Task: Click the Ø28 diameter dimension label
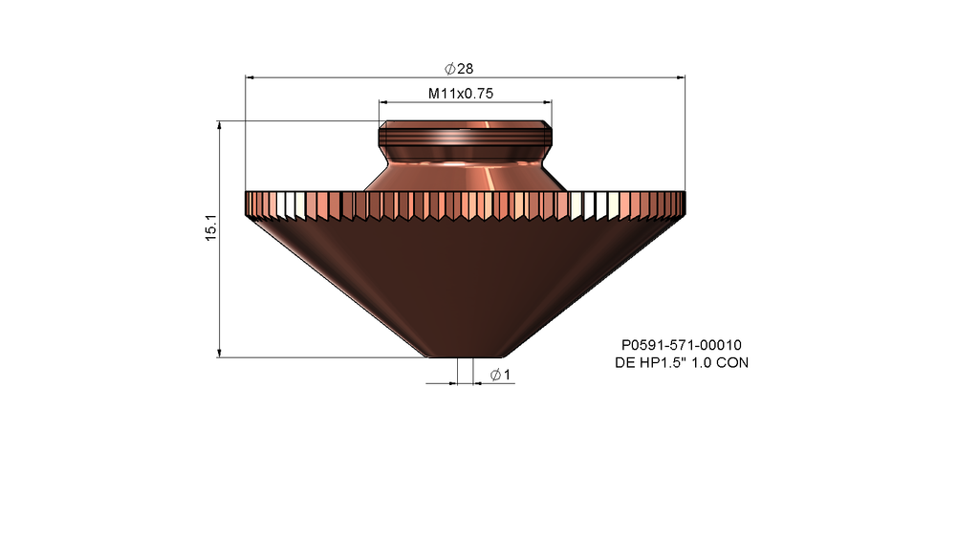point(459,68)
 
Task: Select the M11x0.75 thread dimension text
point(461,94)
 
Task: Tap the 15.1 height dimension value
point(211,227)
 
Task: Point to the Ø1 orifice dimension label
point(501,375)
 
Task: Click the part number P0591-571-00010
point(681,345)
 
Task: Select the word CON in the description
point(731,363)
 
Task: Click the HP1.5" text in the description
point(663,363)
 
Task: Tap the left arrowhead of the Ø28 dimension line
point(250,77)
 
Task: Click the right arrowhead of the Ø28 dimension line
point(681,77)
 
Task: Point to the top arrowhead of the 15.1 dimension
point(219,126)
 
